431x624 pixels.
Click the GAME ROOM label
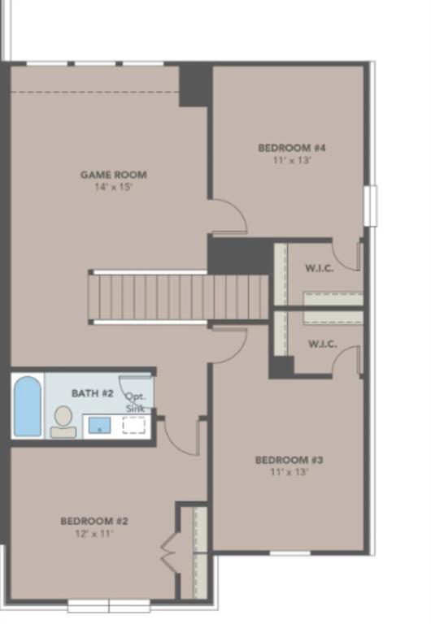(113, 175)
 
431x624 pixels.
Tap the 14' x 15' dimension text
(113, 187)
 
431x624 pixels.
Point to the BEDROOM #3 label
(289, 460)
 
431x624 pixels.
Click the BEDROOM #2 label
(94, 521)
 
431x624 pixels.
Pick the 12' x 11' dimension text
(94, 534)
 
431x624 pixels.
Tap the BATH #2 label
(92, 393)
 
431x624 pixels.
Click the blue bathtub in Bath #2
(28, 406)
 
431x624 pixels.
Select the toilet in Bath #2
(63, 421)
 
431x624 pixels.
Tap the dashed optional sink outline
(133, 425)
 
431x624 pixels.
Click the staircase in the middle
(179, 298)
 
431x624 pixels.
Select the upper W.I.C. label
(319, 269)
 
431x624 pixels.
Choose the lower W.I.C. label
(322, 344)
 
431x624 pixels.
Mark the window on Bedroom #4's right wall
(370, 206)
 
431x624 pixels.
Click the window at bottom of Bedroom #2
(108, 606)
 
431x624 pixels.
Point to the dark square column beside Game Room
(195, 84)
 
